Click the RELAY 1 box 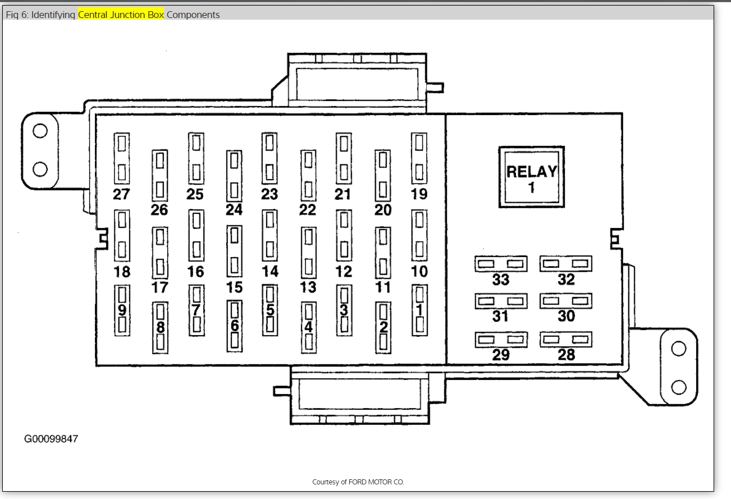click(531, 177)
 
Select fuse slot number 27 click(122, 158)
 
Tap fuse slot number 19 click(419, 158)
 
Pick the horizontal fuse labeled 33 click(500, 264)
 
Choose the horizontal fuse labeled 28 click(566, 340)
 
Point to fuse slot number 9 click(122, 310)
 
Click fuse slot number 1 click(419, 310)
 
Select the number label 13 click(308, 287)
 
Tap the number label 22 click(308, 210)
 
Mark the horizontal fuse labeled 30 click(566, 301)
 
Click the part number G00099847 click(51, 439)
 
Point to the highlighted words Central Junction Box click(121, 15)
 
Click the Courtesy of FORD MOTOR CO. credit click(358, 482)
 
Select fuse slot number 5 click(270, 310)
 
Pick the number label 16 click(195, 272)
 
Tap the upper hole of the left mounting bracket click(39, 131)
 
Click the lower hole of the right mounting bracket click(679, 387)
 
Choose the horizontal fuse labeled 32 click(566, 263)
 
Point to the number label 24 click(234, 210)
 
